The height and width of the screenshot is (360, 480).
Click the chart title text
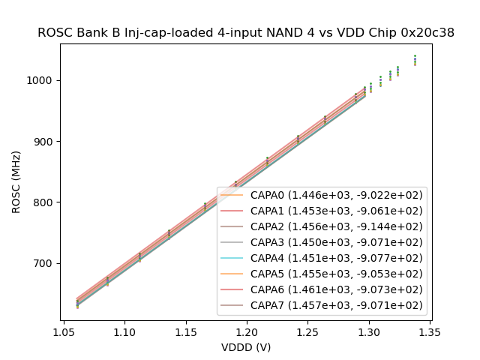tap(246, 33)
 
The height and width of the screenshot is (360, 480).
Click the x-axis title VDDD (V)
tap(246, 347)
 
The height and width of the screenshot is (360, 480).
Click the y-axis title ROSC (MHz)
tap(16, 181)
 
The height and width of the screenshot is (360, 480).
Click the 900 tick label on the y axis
tap(45, 142)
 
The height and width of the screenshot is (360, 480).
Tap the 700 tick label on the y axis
tap(45, 263)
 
